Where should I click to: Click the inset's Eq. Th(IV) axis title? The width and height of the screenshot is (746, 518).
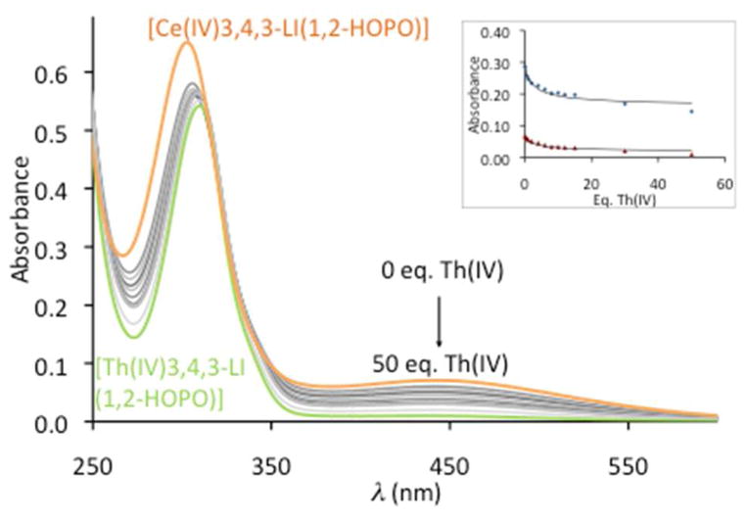(623, 194)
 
